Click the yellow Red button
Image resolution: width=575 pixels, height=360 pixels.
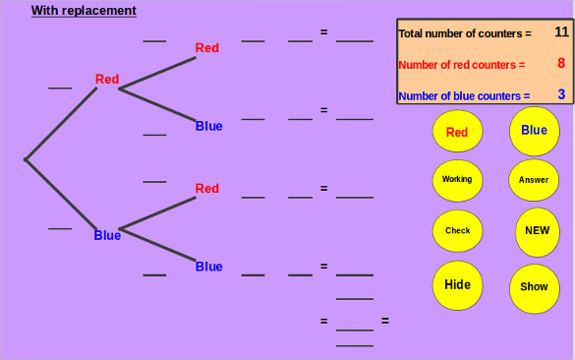(457, 132)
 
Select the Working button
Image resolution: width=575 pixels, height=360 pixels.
(457, 180)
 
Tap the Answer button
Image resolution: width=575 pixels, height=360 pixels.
(534, 180)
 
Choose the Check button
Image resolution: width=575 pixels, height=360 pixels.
(457, 231)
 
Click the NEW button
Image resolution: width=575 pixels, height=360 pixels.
(536, 231)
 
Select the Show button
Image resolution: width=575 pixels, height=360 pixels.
(534, 287)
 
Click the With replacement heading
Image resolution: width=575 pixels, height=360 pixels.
(84, 11)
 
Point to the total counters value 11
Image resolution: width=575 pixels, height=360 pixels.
(561, 32)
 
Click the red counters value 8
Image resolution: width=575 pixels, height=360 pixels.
(561, 64)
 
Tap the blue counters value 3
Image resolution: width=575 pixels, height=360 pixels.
(561, 94)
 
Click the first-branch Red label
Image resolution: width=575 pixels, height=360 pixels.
(107, 80)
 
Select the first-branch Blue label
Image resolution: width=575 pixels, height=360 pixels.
(107, 235)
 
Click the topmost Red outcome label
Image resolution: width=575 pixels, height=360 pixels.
(207, 47)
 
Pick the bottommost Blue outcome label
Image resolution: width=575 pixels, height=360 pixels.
(208, 267)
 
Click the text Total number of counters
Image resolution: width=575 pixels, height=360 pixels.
(464, 33)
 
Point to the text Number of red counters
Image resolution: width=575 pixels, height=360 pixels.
(461, 65)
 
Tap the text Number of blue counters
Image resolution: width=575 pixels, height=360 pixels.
(464, 96)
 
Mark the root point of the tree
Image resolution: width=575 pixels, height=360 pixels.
(26, 158)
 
